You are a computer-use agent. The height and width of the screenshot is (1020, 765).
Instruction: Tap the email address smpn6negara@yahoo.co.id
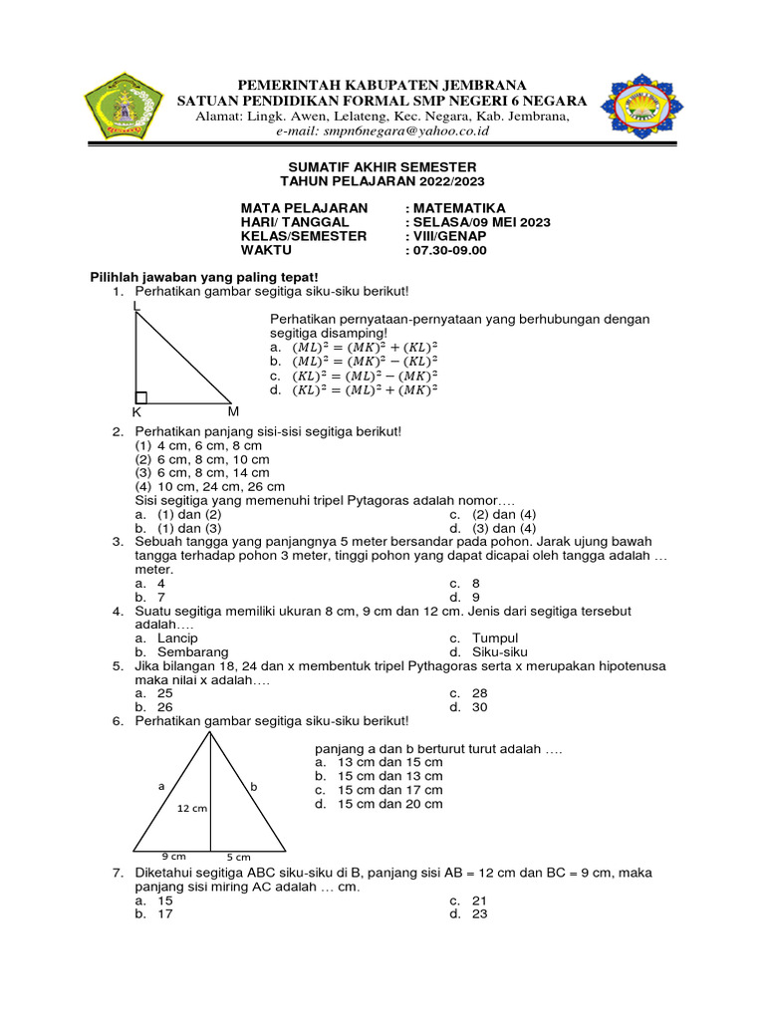click(x=382, y=130)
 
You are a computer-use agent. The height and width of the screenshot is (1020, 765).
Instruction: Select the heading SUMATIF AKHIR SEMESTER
click(x=382, y=166)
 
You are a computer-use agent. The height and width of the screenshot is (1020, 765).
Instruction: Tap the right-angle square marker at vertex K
click(x=141, y=397)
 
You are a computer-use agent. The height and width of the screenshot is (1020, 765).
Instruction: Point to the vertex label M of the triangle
click(x=233, y=410)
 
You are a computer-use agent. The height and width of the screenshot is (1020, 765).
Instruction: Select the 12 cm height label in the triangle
click(x=193, y=809)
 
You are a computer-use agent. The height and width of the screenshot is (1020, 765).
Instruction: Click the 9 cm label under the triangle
click(x=173, y=856)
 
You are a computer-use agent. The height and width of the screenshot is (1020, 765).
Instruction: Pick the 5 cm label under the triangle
click(x=237, y=857)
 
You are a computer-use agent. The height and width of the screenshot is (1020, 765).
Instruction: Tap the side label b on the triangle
click(x=254, y=786)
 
